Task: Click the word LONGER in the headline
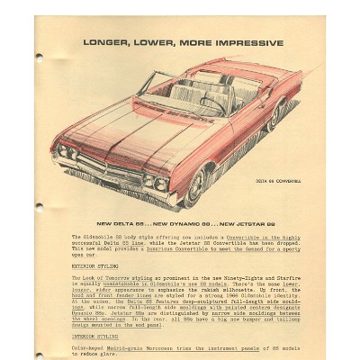point(105,42)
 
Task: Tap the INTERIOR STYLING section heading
point(93,337)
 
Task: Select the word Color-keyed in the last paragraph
point(90,348)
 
